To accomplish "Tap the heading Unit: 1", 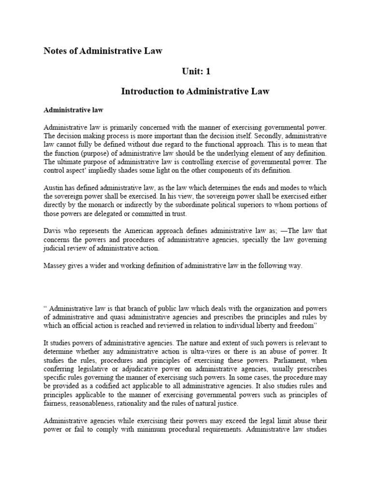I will click(x=196, y=71).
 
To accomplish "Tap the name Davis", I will click(x=53, y=231).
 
